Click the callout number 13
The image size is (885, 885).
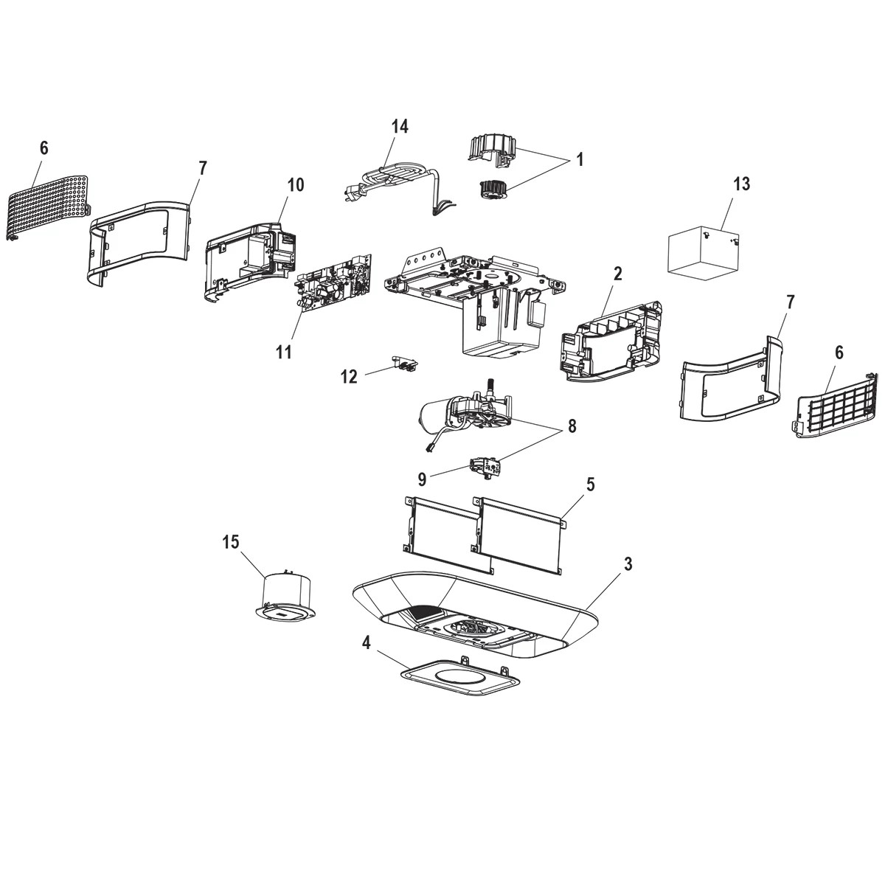741,184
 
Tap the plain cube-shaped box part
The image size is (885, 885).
703,252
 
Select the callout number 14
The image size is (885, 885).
399,126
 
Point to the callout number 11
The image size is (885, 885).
284,352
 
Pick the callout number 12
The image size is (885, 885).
349,377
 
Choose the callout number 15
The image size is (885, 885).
231,542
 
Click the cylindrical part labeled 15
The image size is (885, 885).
286,594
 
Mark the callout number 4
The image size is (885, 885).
367,642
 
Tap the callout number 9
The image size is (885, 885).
422,479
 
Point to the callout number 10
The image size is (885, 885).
295,184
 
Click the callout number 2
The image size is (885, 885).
617,274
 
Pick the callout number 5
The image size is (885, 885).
590,485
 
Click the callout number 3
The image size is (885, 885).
627,564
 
